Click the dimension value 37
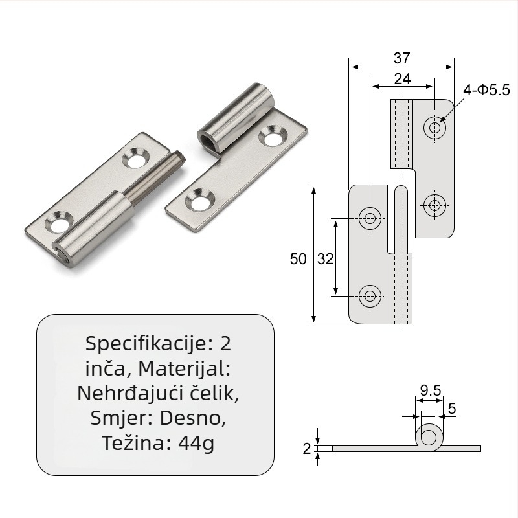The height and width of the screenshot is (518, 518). [x=401, y=58]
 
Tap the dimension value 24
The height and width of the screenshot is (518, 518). [x=402, y=79]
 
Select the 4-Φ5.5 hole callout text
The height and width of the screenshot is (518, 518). [x=486, y=90]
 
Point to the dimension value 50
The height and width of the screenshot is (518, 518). [x=298, y=258]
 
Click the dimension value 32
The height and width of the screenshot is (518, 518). [x=326, y=258]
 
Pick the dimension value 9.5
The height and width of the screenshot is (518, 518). [x=431, y=390]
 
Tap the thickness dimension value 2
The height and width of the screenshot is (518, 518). [x=307, y=449]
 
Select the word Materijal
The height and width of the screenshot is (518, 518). [x=184, y=368]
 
